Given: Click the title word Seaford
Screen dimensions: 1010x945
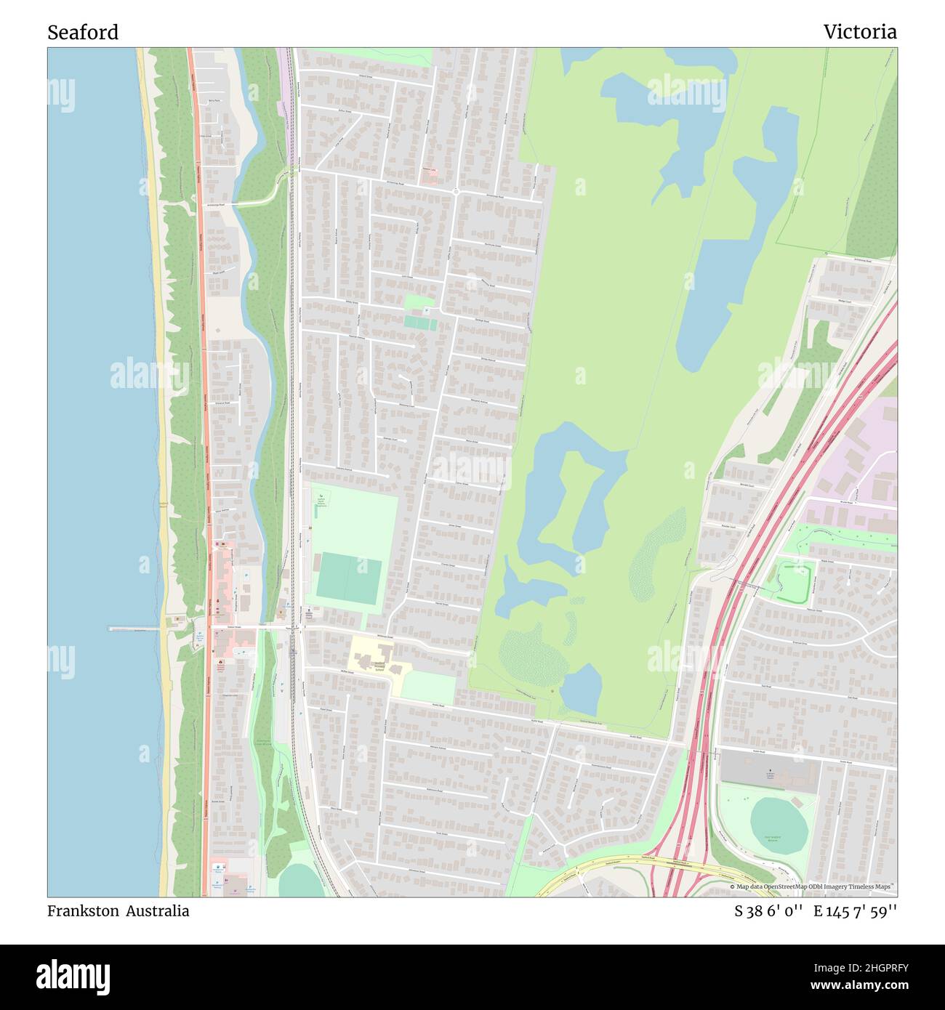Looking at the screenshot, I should (x=83, y=32).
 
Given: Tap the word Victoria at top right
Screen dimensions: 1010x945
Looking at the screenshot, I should (x=859, y=32).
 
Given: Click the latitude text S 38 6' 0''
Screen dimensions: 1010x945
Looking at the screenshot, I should (x=768, y=911).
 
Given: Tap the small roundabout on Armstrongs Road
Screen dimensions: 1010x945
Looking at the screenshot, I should (x=456, y=192).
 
